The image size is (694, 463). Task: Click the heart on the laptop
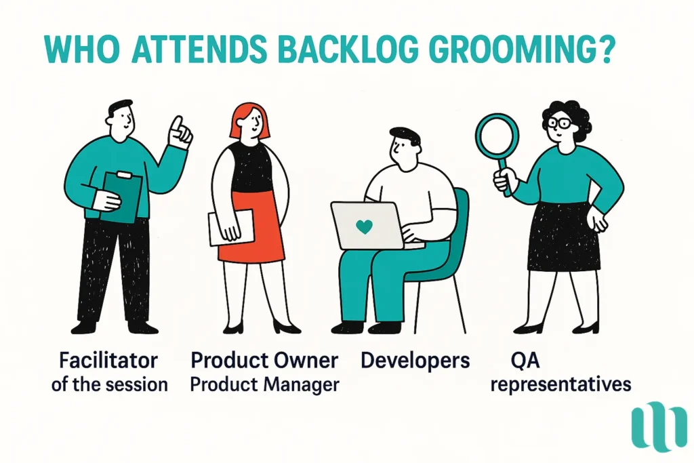(364, 226)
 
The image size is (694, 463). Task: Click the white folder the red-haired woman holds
(230, 226)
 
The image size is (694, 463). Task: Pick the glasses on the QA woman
(558, 123)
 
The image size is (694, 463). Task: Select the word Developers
(415, 359)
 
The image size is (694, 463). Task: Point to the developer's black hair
(404, 134)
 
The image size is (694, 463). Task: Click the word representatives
(560, 384)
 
